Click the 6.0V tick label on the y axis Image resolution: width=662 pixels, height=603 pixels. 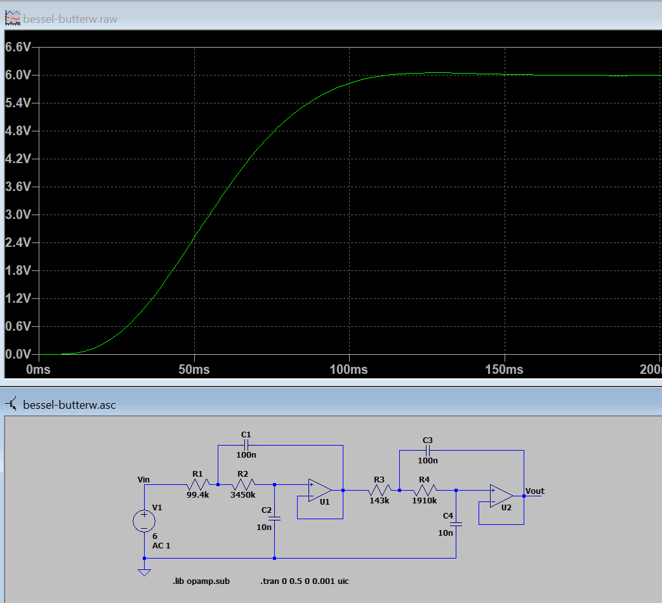18,75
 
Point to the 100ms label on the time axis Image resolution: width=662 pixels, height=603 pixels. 348,369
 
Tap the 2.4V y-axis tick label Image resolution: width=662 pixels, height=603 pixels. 18,242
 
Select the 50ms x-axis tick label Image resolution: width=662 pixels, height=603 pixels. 194,369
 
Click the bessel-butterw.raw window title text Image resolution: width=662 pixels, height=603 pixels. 70,19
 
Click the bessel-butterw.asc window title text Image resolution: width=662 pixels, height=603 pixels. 69,405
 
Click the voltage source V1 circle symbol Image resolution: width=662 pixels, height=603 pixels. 144,521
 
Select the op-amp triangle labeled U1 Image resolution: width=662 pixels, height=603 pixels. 320,490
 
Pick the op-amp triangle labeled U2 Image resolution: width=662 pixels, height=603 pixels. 501,496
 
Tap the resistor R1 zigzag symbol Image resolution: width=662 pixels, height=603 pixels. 197,484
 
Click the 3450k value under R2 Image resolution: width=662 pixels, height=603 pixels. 242,494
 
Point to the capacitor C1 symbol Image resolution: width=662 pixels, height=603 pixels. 246,445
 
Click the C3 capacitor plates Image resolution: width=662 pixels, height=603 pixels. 428,451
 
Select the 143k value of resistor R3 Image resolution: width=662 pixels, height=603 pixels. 379,500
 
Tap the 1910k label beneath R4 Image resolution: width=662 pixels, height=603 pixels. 425,500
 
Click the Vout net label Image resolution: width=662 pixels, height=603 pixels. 534,491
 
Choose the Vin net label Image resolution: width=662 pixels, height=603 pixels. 143,480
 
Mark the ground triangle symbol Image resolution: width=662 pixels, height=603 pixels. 144,572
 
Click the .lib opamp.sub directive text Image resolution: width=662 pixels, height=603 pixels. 201,581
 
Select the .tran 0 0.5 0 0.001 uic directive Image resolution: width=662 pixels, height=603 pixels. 305,581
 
